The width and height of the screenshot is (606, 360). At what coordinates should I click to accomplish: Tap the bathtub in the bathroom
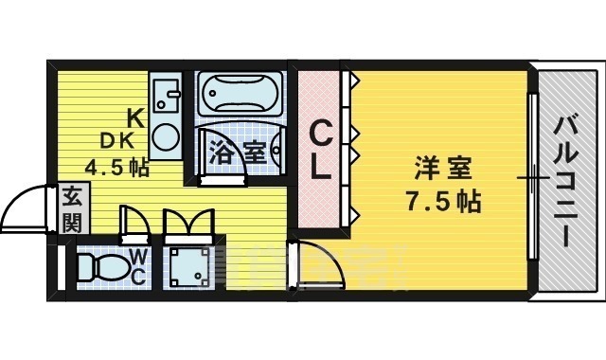240,96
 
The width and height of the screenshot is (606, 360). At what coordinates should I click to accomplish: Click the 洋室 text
442,171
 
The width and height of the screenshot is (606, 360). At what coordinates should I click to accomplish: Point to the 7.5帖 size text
443,202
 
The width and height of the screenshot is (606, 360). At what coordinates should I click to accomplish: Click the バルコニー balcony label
567,179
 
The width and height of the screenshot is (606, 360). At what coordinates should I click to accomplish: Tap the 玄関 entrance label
72,209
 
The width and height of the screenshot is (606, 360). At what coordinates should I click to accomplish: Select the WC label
137,266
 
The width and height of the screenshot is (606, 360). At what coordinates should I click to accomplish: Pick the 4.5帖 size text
116,169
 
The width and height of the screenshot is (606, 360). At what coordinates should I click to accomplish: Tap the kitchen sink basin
169,94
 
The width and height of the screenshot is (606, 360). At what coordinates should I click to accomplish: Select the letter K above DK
135,118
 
